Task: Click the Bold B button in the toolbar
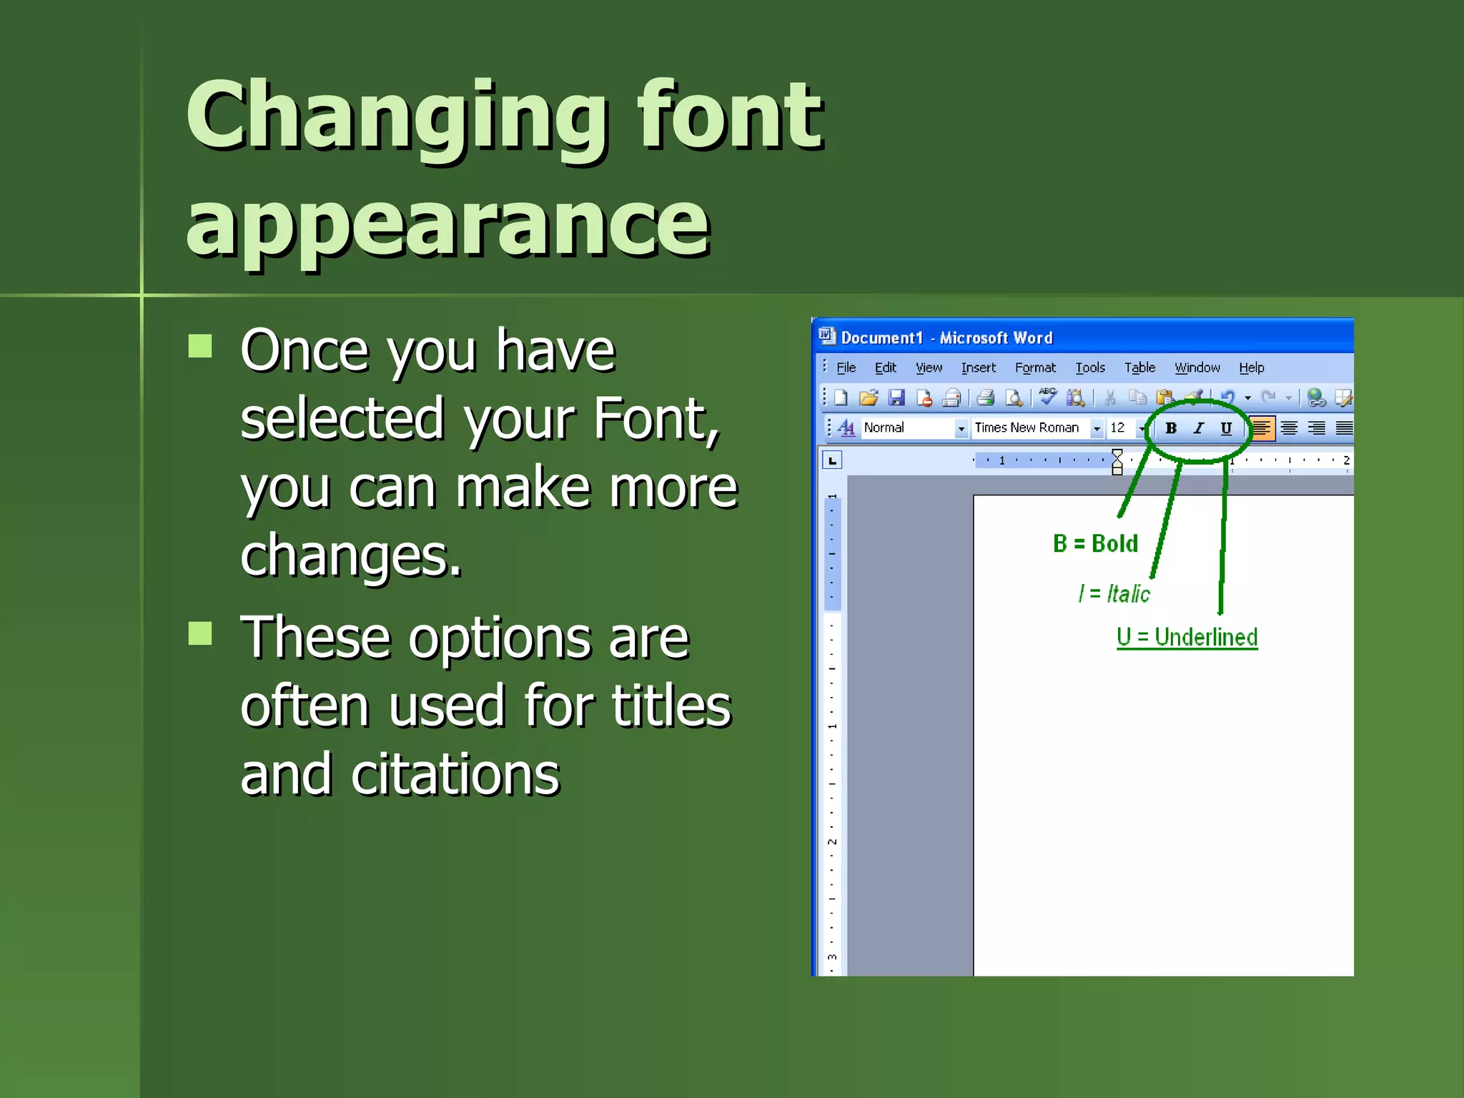(x=1171, y=428)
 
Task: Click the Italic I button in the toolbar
(x=1199, y=428)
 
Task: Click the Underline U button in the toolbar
(x=1226, y=428)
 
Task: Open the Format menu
(x=1034, y=367)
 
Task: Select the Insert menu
(x=978, y=367)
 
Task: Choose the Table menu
(x=1139, y=367)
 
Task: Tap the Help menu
(x=1251, y=367)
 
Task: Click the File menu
(x=846, y=367)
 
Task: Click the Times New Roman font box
(x=1027, y=427)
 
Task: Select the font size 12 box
(x=1118, y=427)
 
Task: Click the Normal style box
(x=906, y=427)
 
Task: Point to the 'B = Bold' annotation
(x=1095, y=543)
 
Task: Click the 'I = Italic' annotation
(x=1114, y=593)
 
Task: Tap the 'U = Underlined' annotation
(x=1187, y=637)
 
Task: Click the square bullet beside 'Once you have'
(x=200, y=346)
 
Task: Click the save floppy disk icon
(x=896, y=397)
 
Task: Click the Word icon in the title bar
(x=827, y=336)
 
